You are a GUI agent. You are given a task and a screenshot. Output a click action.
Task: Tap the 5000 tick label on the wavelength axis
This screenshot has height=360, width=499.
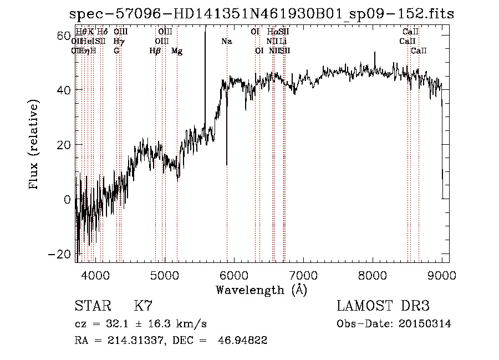(x=164, y=274)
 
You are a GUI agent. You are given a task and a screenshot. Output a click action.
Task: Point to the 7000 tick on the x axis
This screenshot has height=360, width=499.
(x=303, y=274)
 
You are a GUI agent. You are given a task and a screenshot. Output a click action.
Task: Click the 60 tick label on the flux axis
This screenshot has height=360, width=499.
(x=63, y=36)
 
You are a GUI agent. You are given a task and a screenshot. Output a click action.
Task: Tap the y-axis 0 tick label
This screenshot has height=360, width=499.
(x=67, y=200)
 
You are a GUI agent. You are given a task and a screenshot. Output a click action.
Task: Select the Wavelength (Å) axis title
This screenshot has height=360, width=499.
(x=261, y=290)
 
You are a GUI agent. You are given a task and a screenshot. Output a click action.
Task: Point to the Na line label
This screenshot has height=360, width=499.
(x=226, y=42)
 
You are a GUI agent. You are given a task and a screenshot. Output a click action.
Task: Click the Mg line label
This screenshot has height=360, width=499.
(x=177, y=51)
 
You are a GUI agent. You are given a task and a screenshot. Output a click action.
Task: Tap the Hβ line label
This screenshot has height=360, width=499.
(x=155, y=51)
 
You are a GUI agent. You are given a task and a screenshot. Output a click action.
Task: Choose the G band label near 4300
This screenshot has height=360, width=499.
(x=116, y=51)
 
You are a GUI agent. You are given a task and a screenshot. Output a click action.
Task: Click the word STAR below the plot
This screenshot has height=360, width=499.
(x=91, y=306)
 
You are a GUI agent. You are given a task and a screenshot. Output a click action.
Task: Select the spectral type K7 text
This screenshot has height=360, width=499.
(x=142, y=306)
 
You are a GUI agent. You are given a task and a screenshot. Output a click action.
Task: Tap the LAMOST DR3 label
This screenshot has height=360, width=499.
(x=383, y=306)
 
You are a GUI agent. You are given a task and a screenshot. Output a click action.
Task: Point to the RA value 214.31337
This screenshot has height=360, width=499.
(x=130, y=341)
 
